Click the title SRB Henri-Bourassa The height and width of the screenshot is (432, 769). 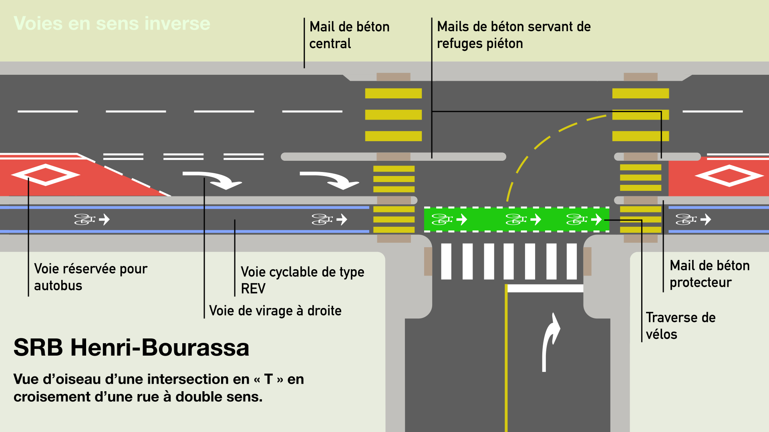[131, 347]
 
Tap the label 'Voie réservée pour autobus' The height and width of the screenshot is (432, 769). [91, 277]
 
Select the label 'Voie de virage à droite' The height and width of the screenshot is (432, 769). [275, 310]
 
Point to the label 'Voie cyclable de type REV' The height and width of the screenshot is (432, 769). [302, 280]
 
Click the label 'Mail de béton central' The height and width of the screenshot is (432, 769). [349, 35]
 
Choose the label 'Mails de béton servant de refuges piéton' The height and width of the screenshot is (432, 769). [513, 35]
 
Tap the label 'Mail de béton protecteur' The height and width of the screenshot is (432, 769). [709, 274]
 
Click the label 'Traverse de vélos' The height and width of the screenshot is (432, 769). [680, 326]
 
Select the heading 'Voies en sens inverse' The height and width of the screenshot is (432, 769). [112, 23]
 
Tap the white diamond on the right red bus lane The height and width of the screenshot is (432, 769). [729, 176]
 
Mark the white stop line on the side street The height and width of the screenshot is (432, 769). [545, 288]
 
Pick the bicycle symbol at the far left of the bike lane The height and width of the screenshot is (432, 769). [84, 219]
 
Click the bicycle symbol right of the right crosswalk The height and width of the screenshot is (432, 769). [686, 219]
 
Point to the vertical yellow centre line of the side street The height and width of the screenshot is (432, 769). [506, 360]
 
